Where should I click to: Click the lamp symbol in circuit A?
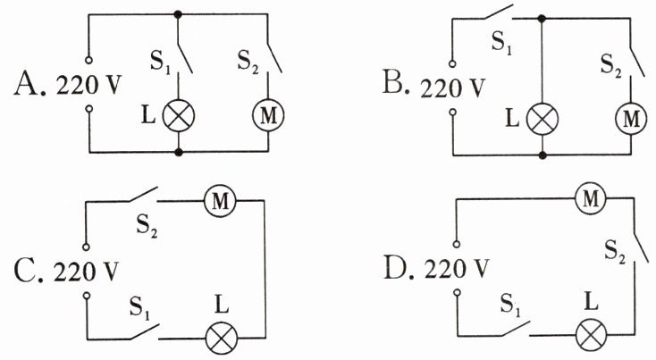(179, 116)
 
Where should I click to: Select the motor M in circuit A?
(268, 115)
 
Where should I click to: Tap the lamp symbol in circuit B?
(542, 119)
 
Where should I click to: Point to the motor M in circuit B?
(631, 118)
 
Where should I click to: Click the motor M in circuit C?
(220, 201)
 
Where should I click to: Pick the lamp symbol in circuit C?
(222, 338)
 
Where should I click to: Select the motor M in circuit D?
(591, 198)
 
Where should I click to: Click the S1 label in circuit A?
(160, 63)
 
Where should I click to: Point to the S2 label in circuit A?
(248, 62)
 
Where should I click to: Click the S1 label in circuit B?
(501, 42)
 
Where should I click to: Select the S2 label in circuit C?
(147, 226)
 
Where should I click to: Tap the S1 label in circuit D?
(511, 305)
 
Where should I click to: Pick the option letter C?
(27, 270)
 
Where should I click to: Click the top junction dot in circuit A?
(178, 14)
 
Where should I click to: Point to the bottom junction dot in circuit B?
(542, 155)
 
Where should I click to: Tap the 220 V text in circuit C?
(86, 272)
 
